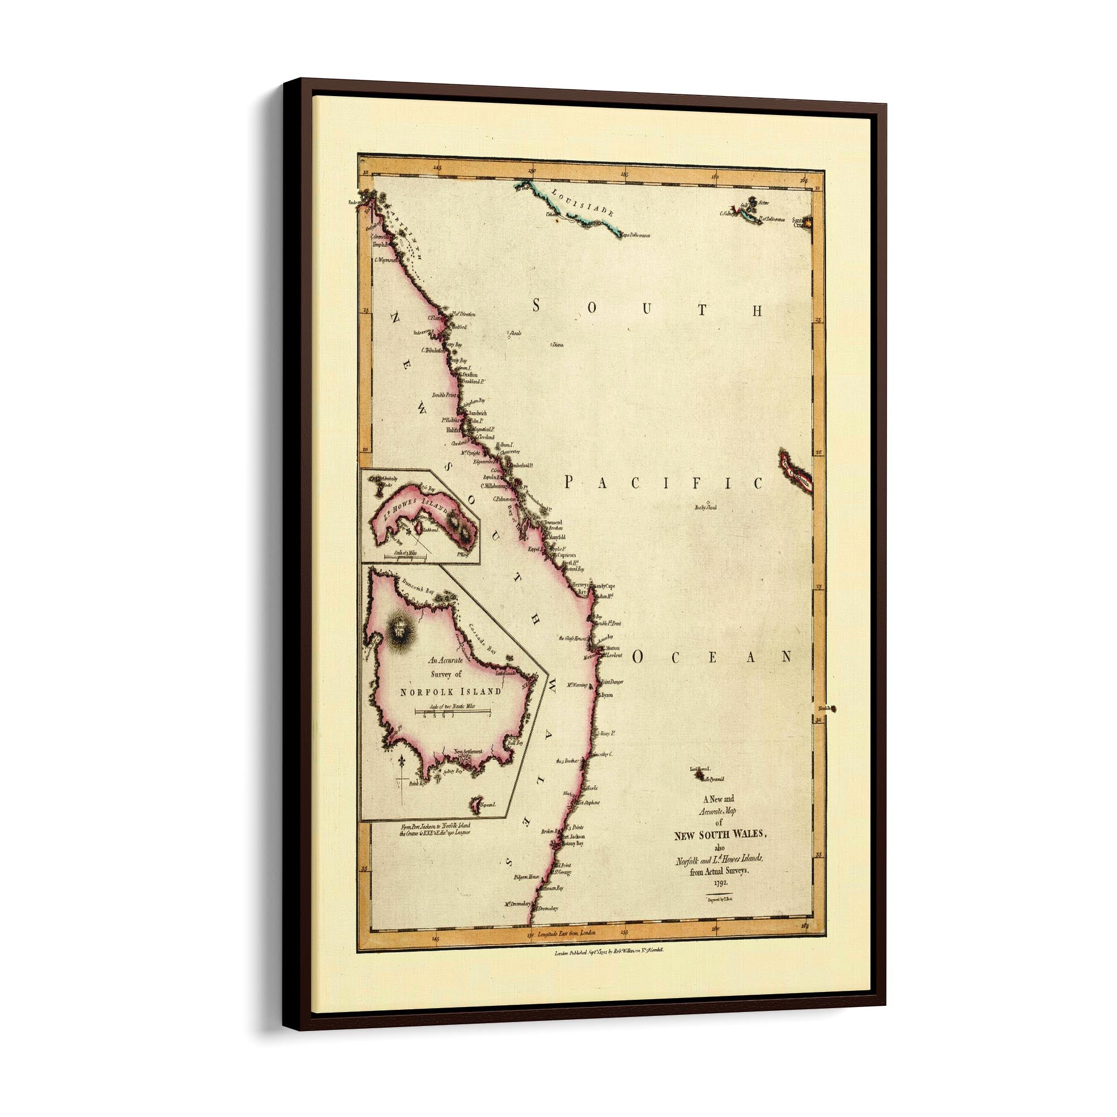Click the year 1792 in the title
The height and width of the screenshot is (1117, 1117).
point(719,884)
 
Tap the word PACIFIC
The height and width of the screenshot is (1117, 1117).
point(662,483)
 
